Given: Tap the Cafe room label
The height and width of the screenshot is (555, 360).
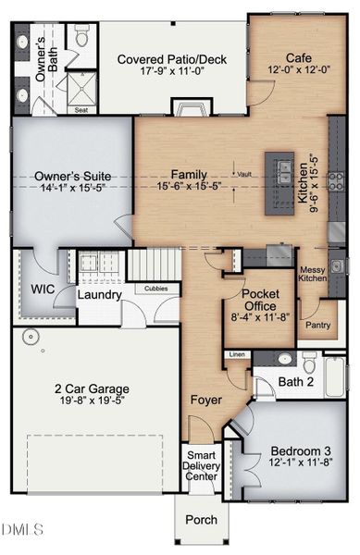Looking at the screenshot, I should [x=285, y=57].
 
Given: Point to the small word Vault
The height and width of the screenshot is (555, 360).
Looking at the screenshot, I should [x=244, y=174].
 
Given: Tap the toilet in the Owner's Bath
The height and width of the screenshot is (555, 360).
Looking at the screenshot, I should [x=81, y=38].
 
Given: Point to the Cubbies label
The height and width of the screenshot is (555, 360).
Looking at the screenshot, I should [x=157, y=288].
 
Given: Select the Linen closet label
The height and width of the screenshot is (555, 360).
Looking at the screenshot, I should [x=237, y=354].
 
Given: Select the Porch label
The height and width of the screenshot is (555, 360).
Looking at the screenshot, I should [x=201, y=519].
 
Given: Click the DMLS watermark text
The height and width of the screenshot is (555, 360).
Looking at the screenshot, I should [x=23, y=529].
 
